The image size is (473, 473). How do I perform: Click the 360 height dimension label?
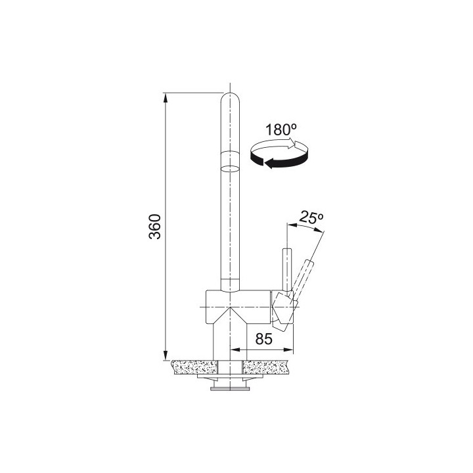click(155, 227)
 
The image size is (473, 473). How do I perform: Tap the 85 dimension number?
click(263, 339)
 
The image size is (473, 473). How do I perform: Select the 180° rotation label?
click(281, 129)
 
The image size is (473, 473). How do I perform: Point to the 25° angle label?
click(311, 218)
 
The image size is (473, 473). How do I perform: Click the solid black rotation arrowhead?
click(269, 164)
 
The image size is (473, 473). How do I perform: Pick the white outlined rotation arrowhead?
click(292, 144)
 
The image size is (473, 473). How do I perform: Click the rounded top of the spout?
click(230, 98)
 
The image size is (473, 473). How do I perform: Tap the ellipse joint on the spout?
click(230, 169)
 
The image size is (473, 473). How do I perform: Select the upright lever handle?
click(287, 269)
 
